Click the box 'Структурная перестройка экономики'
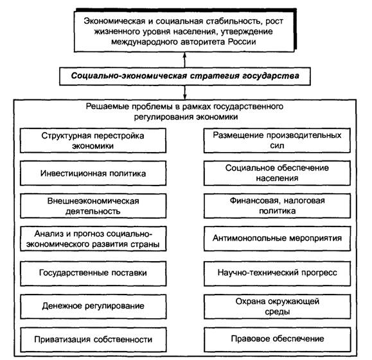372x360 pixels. pyautogui.click(x=93, y=141)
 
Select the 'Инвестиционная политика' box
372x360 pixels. pyautogui.click(x=93, y=173)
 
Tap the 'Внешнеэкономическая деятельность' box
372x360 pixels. pyautogui.click(x=93, y=206)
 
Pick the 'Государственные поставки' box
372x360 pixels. pyautogui.click(x=93, y=273)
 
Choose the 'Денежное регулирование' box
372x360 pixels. pyautogui.click(x=93, y=307)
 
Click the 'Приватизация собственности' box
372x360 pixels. pyautogui.click(x=93, y=339)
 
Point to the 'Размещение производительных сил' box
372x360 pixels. pyautogui.click(x=277, y=141)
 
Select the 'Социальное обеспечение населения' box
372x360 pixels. pyautogui.click(x=277, y=173)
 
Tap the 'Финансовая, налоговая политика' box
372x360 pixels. pyautogui.click(x=277, y=206)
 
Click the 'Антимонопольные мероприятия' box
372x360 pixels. pyautogui.click(x=277, y=239)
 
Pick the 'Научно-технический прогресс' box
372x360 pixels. pyautogui.click(x=277, y=273)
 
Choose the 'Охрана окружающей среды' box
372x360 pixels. pyautogui.click(x=277, y=307)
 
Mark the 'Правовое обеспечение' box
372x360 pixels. pyautogui.click(x=277, y=339)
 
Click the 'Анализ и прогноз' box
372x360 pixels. pyautogui.click(x=93, y=239)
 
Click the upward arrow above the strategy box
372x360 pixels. pyautogui.click(x=184, y=60)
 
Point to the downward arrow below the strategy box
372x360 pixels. pyautogui.click(x=184, y=92)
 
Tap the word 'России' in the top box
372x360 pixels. pyautogui.click(x=242, y=42)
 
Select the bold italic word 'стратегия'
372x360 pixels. pyautogui.click(x=215, y=76)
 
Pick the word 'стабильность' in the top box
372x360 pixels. pyautogui.click(x=234, y=21)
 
